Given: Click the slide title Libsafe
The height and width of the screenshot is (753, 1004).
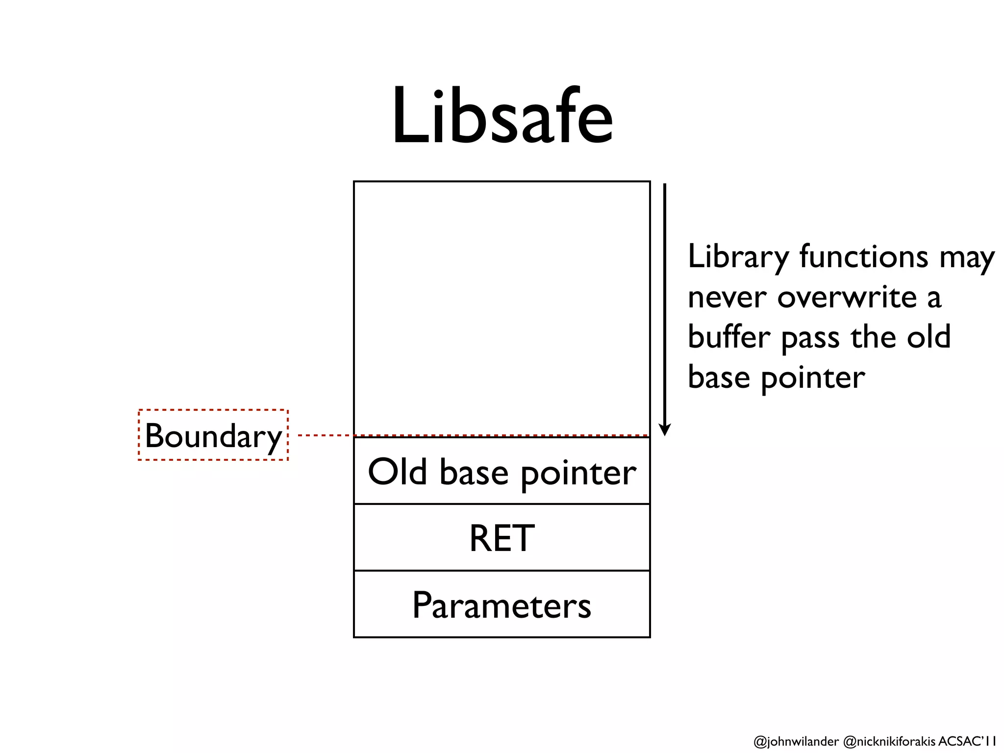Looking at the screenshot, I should pyautogui.click(x=502, y=117).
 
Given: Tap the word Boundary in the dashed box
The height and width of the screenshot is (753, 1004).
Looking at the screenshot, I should pyautogui.click(x=213, y=436).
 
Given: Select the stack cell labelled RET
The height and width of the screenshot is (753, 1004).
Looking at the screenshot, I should pyautogui.click(x=502, y=538).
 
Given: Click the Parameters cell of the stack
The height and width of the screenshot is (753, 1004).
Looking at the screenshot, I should pyautogui.click(x=502, y=605).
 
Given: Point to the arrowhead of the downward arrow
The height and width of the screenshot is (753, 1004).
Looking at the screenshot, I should pyautogui.click(x=665, y=430).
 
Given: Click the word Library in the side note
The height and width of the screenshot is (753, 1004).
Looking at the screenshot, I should pyautogui.click(x=738, y=257).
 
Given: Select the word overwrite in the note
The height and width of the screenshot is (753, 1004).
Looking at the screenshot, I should pyautogui.click(x=847, y=298).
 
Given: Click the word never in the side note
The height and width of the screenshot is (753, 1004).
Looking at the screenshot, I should pyautogui.click(x=727, y=298).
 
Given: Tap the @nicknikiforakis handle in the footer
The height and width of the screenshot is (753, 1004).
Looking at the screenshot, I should pyautogui.click(x=889, y=741).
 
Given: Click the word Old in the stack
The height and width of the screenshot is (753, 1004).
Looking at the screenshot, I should pyautogui.click(x=398, y=472).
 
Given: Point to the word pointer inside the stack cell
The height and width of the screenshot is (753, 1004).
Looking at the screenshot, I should pyautogui.click(x=578, y=474).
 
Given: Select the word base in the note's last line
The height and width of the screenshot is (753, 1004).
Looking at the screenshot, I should pyautogui.click(x=719, y=377).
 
